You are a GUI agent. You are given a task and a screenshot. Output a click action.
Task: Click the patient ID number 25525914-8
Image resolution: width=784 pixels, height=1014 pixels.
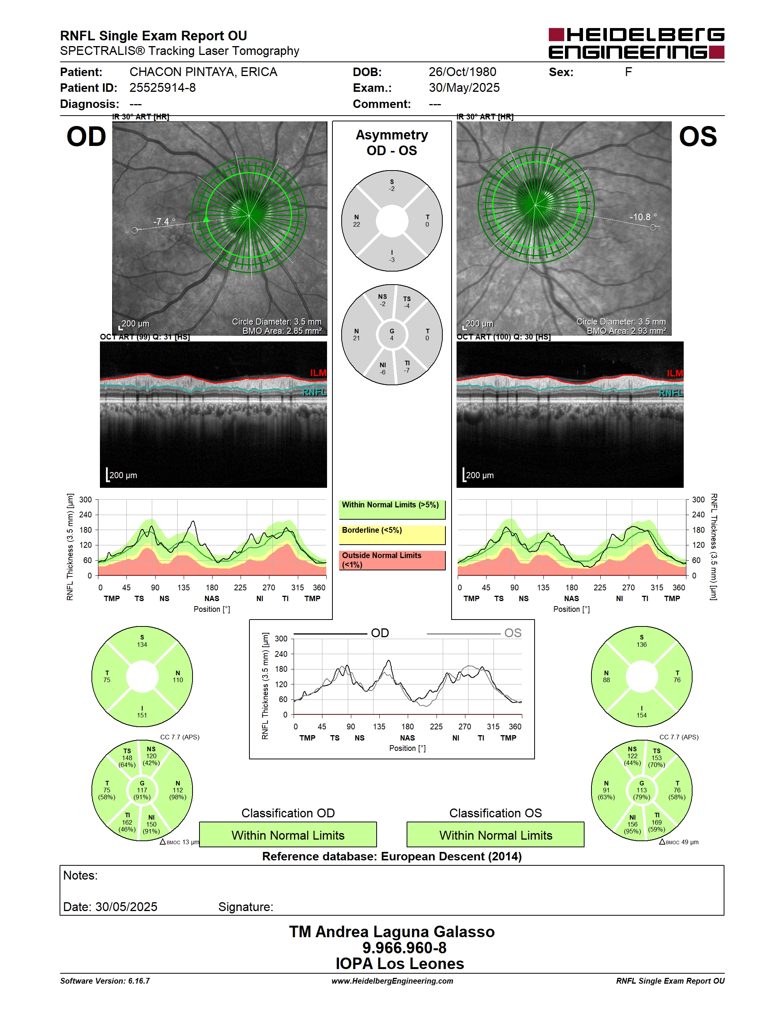(163, 88)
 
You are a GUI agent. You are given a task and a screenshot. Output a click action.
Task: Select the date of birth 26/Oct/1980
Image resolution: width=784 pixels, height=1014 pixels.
(462, 72)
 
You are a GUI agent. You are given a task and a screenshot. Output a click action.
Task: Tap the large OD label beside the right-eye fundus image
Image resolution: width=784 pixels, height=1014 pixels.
(86, 137)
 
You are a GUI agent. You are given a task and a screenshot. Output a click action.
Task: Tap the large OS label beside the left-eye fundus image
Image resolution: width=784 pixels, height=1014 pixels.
(698, 137)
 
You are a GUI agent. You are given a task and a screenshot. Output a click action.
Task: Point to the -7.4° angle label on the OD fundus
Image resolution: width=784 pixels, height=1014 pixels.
(164, 222)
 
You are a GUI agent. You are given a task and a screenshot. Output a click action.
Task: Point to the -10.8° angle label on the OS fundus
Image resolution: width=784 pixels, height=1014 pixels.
(643, 217)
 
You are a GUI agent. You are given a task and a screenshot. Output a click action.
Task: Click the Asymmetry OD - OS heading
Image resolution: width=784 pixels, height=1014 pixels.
(392, 142)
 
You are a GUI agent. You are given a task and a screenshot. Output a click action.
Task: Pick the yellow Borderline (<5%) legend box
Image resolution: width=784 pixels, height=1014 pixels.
(392, 534)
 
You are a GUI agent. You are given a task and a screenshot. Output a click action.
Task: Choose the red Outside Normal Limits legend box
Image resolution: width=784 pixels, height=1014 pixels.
(392, 560)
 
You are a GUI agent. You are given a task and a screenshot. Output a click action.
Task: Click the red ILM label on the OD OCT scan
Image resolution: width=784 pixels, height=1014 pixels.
(318, 373)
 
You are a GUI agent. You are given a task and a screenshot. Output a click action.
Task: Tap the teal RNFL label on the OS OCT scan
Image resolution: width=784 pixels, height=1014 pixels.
(671, 393)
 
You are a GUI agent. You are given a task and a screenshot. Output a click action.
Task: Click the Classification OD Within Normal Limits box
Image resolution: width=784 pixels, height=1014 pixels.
(288, 835)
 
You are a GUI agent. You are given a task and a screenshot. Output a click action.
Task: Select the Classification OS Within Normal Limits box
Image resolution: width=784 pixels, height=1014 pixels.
(496, 835)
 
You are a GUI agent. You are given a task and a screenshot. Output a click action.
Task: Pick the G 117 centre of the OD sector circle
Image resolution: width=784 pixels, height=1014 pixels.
(142, 790)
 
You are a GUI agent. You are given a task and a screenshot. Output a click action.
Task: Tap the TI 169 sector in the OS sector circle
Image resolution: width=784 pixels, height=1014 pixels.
(657, 822)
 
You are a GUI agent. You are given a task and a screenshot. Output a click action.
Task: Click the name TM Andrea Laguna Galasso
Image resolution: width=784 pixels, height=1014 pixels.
(392, 932)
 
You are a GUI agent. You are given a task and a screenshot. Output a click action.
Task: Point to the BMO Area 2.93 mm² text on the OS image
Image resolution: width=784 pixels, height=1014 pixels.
(626, 331)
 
